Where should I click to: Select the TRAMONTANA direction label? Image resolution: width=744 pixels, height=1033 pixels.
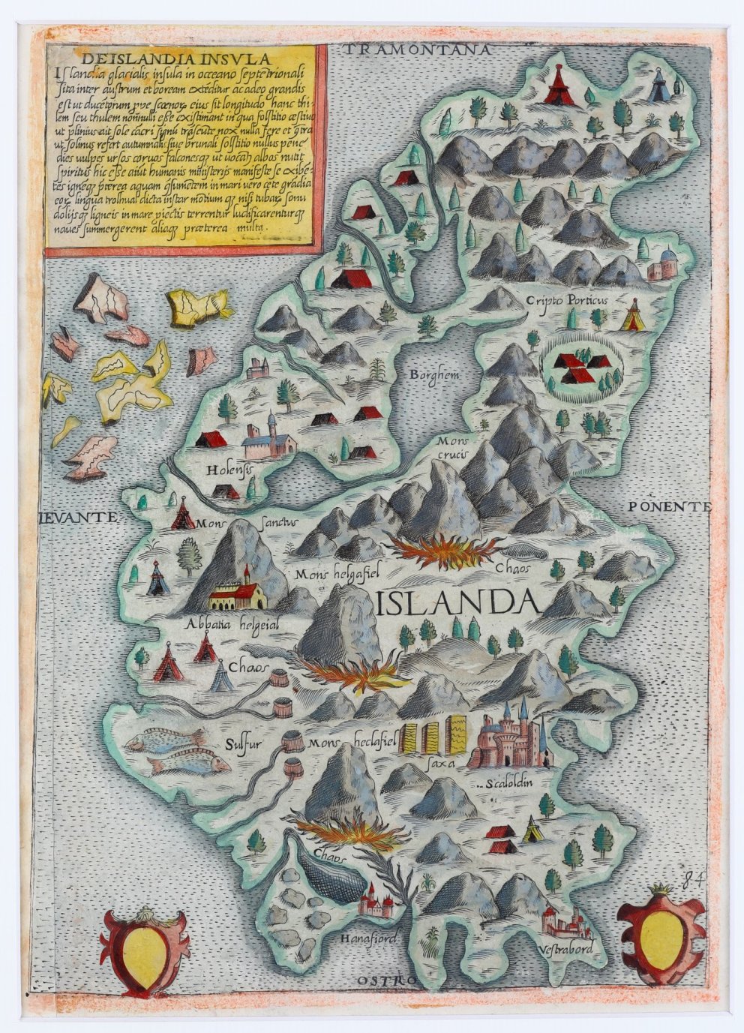pyautogui.click(x=418, y=50)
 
